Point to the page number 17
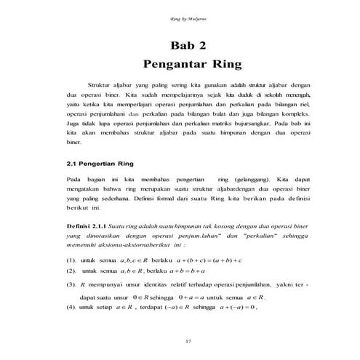[x=180, y=340]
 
